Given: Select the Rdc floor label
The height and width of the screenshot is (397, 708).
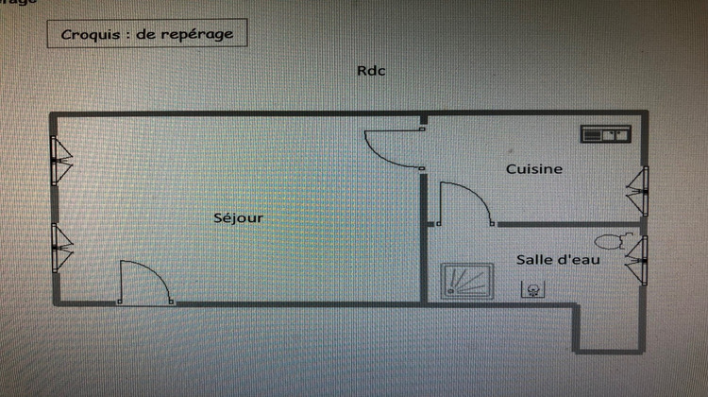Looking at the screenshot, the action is (371, 71).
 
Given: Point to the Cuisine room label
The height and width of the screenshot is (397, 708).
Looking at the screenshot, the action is (534, 169).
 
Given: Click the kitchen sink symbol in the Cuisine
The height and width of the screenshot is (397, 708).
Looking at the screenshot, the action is (605, 134).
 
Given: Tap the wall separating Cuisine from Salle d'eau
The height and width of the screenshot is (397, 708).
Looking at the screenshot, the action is (566, 225).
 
